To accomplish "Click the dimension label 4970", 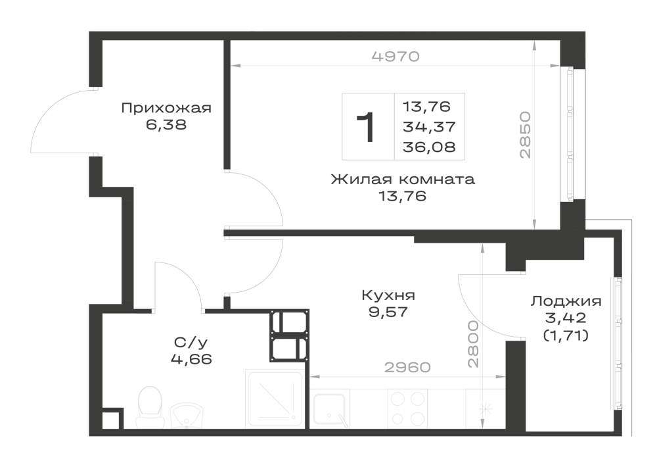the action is (396, 56).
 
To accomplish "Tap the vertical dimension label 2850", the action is (525, 135).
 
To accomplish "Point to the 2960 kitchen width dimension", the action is (407, 367).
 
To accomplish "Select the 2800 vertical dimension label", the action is (473, 344).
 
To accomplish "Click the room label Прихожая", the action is (166, 108).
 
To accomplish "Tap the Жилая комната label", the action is (403, 180).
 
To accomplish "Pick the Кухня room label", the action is (388, 295).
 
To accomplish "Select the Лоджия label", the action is (566, 301).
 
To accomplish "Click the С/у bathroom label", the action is (191, 343).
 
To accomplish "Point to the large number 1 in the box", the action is (366, 127).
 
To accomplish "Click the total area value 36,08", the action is (429, 147).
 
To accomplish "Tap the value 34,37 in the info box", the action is (429, 126).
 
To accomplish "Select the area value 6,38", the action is (166, 124).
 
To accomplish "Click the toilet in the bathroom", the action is (150, 405).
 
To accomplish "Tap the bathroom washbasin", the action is (187, 415).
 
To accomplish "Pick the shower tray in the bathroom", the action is (275, 399).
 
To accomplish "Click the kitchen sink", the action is (331, 409).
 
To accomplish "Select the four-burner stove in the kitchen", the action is (406, 408).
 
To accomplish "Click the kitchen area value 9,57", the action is (388, 312).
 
